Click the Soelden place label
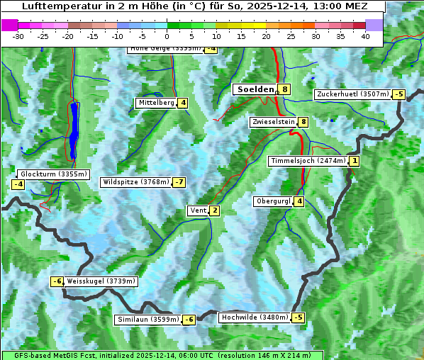click(x=255, y=89)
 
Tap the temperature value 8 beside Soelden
click(x=284, y=89)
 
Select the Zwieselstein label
click(x=273, y=122)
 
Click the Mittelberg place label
click(x=156, y=103)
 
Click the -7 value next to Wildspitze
click(x=179, y=182)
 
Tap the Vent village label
click(x=198, y=210)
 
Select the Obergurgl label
click(x=273, y=201)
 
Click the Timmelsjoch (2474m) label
click(x=308, y=161)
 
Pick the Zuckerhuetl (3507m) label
click(x=353, y=94)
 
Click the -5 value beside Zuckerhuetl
click(x=399, y=94)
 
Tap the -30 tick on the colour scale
click(x=18, y=35)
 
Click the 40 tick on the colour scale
click(x=364, y=35)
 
